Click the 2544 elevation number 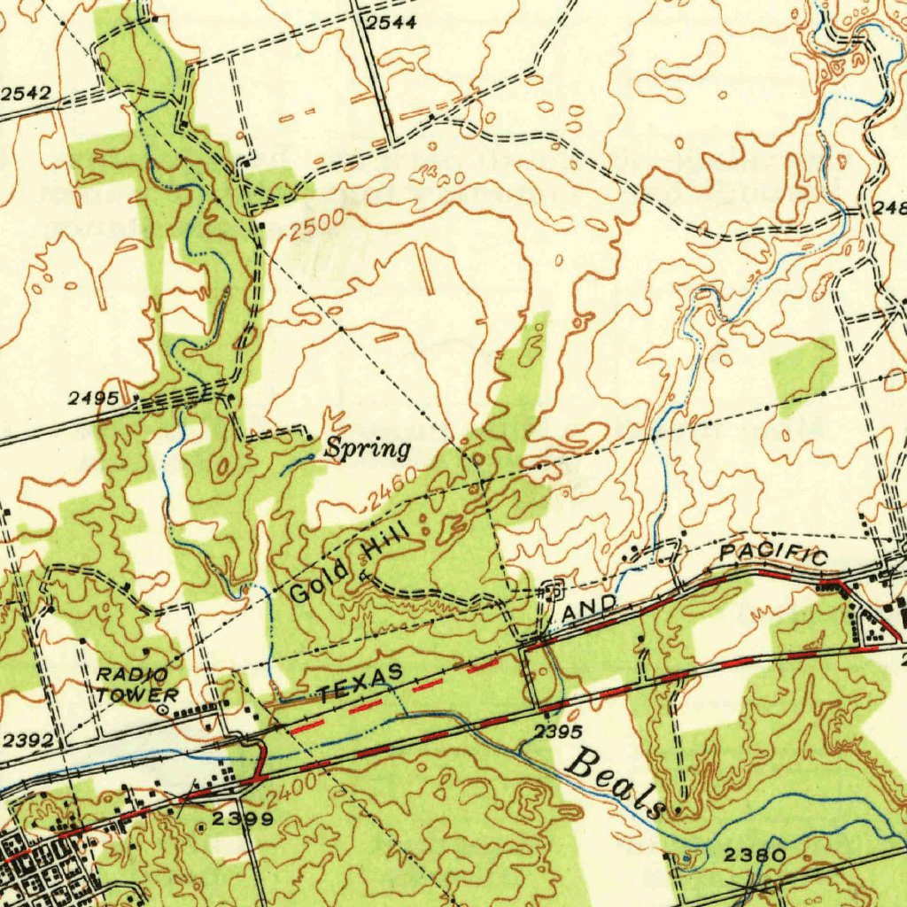[x=391, y=23]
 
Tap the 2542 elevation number [x=25, y=93]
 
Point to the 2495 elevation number [x=93, y=399]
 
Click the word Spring [x=367, y=448]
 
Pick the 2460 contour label [x=391, y=491]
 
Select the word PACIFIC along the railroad [x=773, y=554]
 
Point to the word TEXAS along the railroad [x=361, y=684]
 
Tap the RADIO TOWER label [x=137, y=686]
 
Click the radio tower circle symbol [x=162, y=709]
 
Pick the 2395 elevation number [x=558, y=732]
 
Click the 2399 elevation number [x=242, y=818]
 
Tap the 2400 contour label [x=290, y=787]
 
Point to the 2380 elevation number [x=754, y=856]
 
